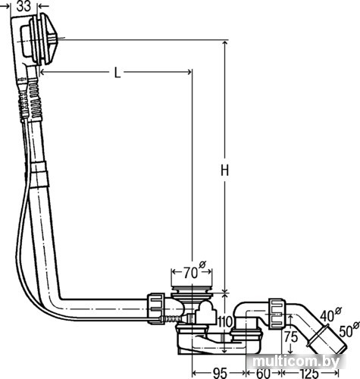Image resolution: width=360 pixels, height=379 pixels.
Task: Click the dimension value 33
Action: (23, 6)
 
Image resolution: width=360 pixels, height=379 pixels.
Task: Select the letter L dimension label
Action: (117, 73)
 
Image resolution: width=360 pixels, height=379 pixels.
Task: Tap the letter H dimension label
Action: (224, 170)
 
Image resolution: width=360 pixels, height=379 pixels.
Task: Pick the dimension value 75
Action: (291, 337)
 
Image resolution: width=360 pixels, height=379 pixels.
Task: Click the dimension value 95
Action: (219, 373)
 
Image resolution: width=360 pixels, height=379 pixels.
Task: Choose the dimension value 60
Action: (263, 373)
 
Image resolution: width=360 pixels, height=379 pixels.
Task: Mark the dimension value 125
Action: (309, 373)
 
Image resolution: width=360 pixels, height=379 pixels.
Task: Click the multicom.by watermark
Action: (296, 362)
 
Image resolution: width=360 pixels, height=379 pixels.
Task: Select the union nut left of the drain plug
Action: (156, 309)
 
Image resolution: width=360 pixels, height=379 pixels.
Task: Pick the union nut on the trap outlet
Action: (277, 314)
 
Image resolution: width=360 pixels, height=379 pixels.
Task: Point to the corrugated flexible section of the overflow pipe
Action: (34, 100)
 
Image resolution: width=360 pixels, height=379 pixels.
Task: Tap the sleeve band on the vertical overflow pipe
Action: (39, 175)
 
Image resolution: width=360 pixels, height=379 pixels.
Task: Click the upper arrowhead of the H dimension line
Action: (224, 43)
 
